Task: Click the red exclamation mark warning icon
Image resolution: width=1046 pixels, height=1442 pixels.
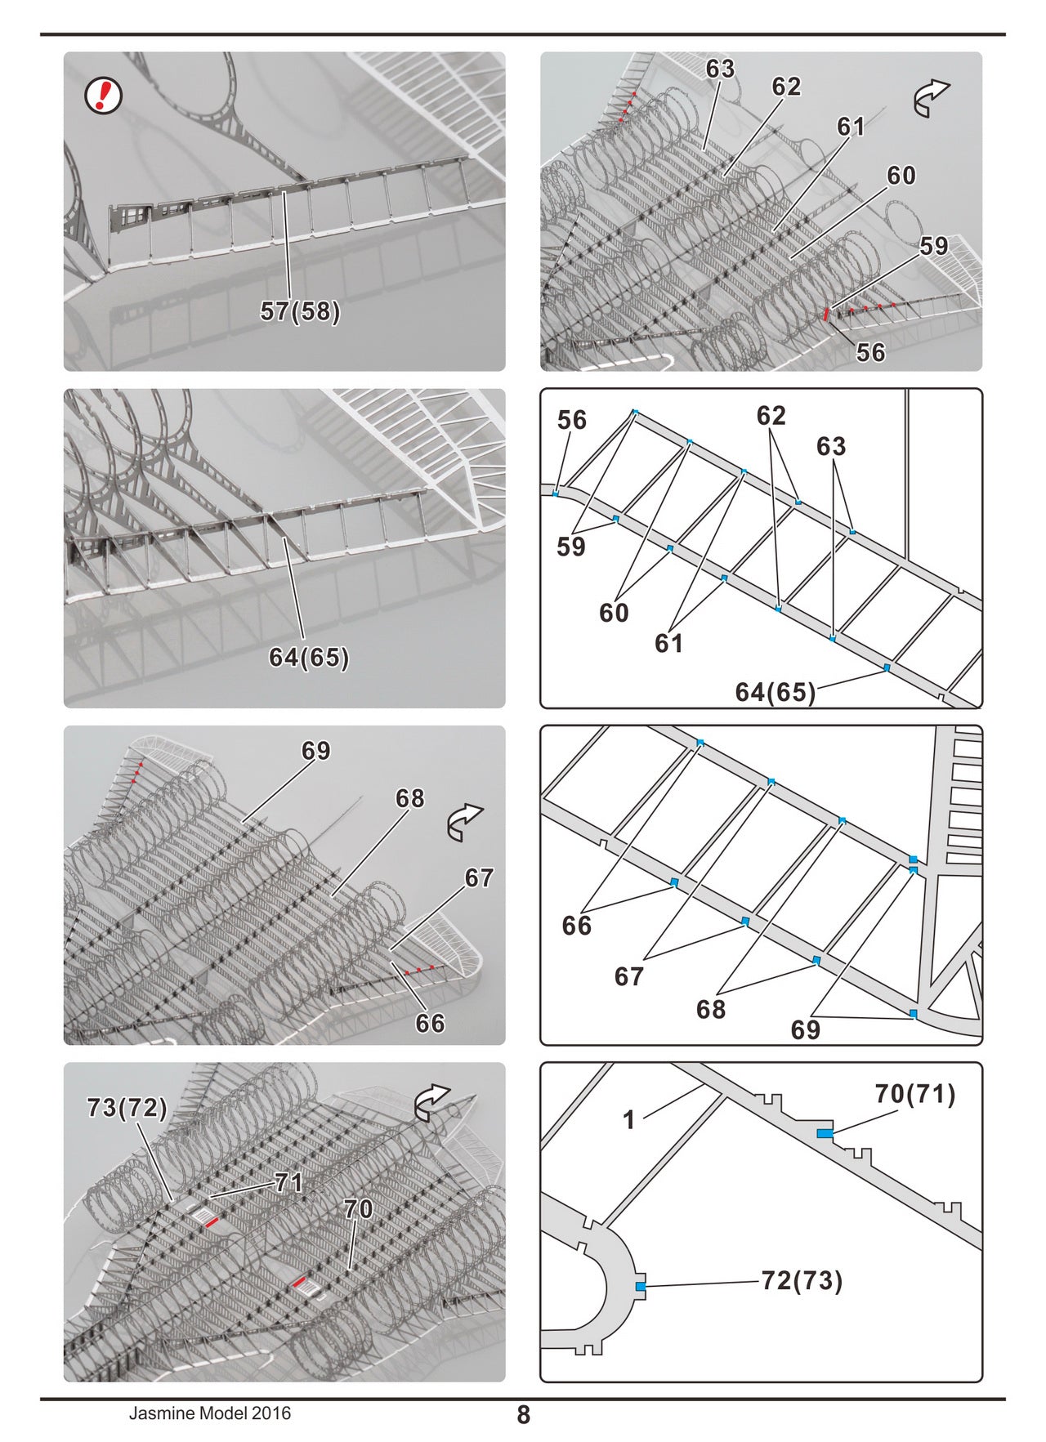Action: click(104, 96)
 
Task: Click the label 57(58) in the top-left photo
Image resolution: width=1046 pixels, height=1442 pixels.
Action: click(300, 311)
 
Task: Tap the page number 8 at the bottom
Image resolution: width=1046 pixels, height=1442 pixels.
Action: click(524, 1414)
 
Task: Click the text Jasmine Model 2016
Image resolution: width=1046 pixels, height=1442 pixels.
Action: click(209, 1413)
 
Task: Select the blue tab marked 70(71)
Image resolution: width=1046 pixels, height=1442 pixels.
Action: click(825, 1133)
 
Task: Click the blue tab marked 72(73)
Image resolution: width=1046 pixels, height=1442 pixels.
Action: click(641, 1287)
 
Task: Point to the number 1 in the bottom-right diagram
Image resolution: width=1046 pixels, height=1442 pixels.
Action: click(628, 1119)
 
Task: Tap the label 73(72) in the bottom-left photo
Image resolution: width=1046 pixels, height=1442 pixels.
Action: click(127, 1108)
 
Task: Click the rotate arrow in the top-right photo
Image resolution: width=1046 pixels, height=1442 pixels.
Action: click(931, 98)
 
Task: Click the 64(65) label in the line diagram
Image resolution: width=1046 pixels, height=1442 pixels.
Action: click(775, 692)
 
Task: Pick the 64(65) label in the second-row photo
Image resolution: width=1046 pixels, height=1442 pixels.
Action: click(309, 658)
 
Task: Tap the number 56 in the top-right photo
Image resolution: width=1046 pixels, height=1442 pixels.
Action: click(870, 352)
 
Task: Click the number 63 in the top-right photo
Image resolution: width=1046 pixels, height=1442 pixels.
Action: click(720, 69)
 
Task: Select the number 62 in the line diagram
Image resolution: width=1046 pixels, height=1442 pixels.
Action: click(771, 416)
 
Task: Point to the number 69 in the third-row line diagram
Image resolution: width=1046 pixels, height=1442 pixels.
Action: click(805, 1029)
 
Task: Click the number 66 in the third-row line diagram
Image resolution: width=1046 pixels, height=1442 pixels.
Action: click(576, 926)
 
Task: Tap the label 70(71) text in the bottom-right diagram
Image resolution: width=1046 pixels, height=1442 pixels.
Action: click(915, 1094)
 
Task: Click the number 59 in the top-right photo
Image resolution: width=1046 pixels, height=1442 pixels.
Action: click(934, 246)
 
